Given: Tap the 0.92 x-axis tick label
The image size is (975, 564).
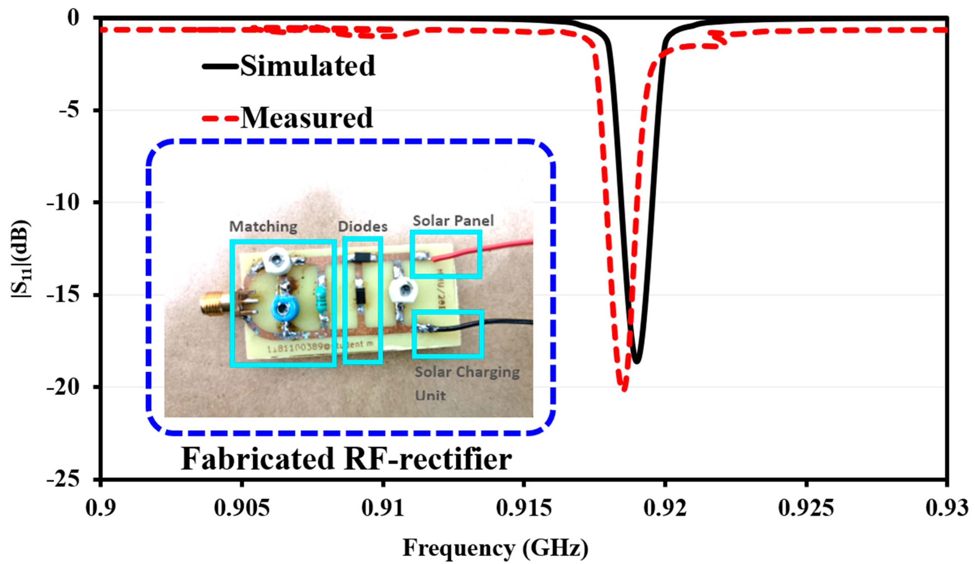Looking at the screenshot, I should click(x=665, y=508).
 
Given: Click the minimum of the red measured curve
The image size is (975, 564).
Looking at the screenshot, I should click(x=624, y=389).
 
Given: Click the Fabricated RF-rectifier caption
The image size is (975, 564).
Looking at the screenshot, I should click(x=346, y=458).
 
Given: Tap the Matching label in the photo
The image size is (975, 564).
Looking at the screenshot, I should click(x=263, y=227).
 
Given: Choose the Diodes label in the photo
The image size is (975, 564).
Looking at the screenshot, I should click(x=362, y=227).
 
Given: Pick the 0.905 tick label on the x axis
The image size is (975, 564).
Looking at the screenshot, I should click(x=242, y=508).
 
